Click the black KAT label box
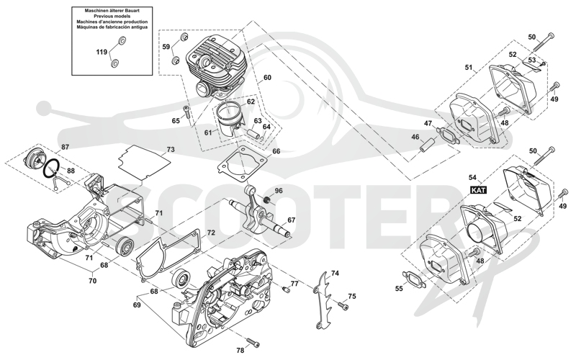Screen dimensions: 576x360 click(x=479, y=190)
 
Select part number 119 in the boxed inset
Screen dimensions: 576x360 click(x=102, y=52)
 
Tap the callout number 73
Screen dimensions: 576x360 click(x=171, y=150)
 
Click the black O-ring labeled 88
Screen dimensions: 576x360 click(x=51, y=169)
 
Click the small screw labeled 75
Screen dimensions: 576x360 click(x=343, y=305)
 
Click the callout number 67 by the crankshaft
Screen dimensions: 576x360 click(x=291, y=220)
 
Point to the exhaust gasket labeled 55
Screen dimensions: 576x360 click(x=415, y=278)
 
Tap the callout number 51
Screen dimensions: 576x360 click(x=469, y=67)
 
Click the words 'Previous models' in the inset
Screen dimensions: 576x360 click(x=112, y=17)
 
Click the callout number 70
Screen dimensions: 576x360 click(x=93, y=281)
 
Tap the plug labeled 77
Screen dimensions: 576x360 click(x=285, y=289)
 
